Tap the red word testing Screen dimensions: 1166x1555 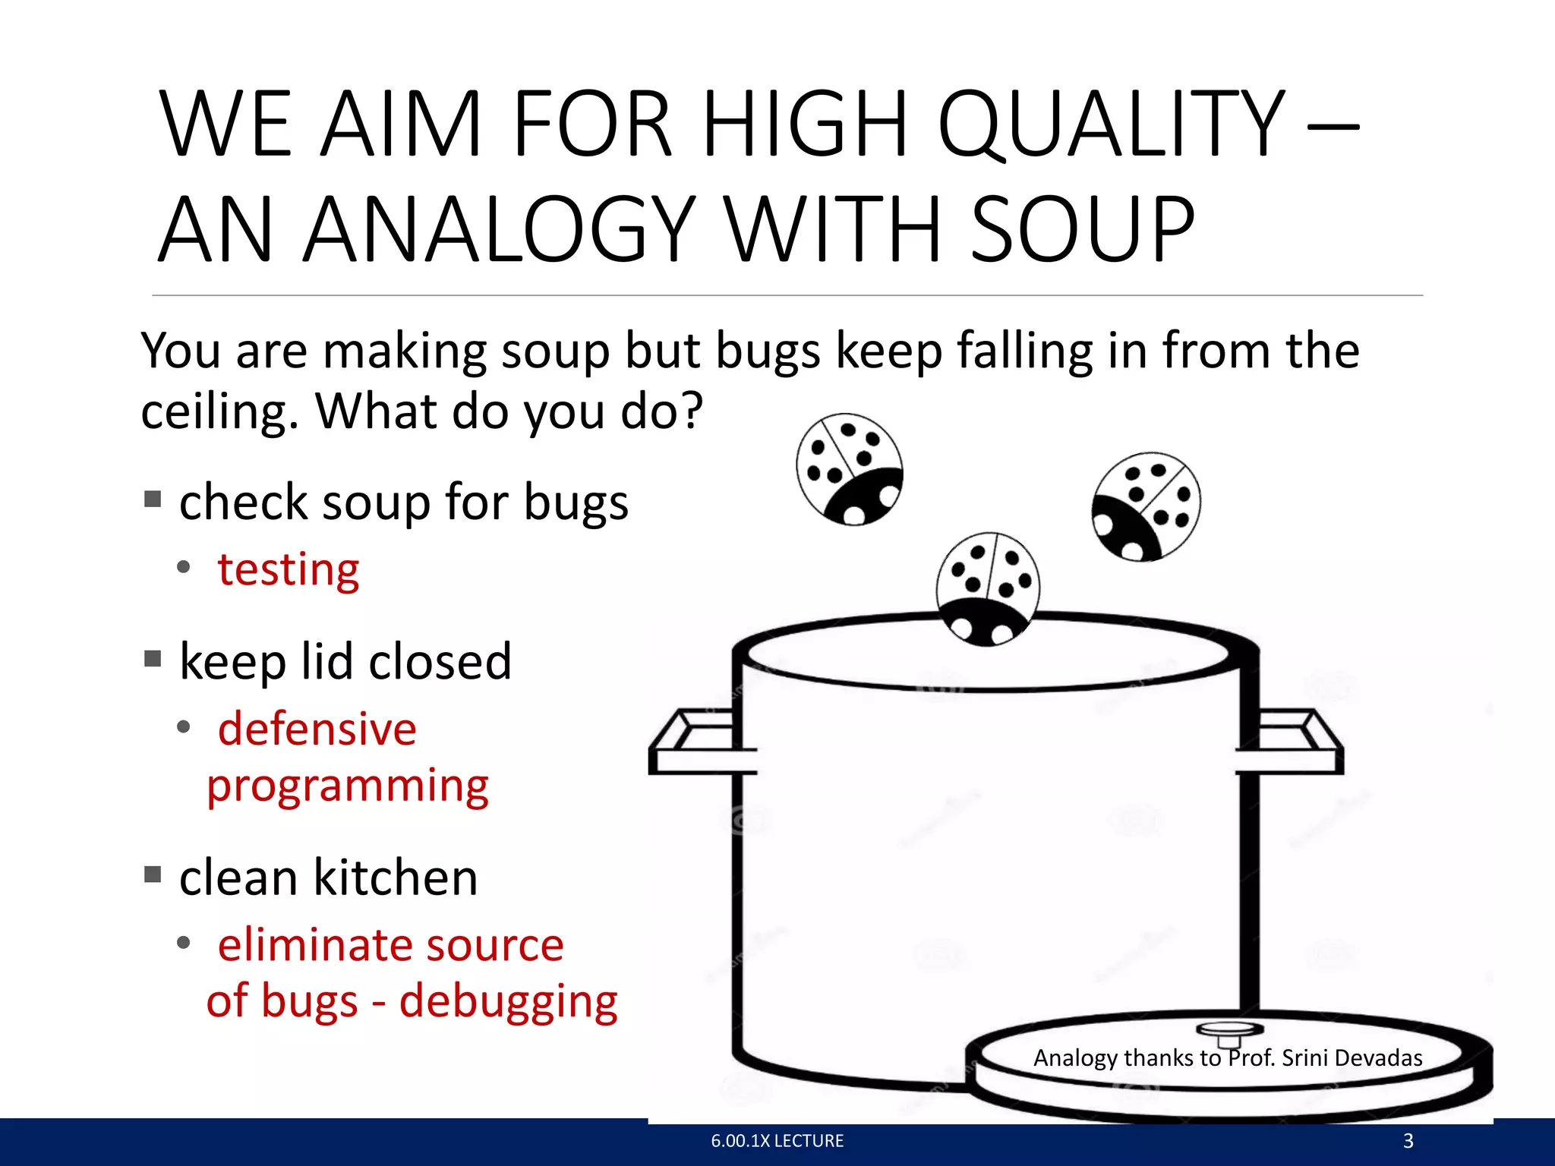(289, 569)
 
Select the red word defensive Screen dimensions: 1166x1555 (317, 729)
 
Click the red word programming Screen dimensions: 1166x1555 (348, 786)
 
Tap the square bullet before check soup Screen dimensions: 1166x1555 (153, 499)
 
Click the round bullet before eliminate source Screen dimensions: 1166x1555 (183, 944)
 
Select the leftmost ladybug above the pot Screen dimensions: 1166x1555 (850, 469)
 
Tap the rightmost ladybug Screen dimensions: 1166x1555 (1147, 507)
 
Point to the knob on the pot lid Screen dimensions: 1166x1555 (1229, 1031)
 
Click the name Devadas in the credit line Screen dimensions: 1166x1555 (1378, 1057)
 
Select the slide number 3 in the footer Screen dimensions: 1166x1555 (1408, 1141)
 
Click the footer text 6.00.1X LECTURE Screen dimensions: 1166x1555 (777, 1141)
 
